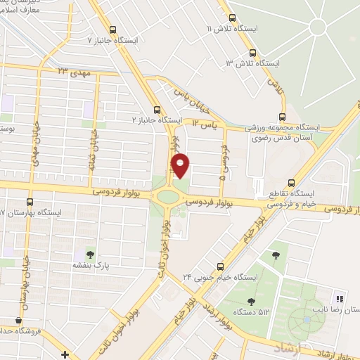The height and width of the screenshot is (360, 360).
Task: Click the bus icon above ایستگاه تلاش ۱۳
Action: (x=252, y=52)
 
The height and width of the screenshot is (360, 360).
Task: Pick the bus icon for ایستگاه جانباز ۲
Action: (x=156, y=109)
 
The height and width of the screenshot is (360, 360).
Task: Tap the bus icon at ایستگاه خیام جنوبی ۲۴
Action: (x=220, y=266)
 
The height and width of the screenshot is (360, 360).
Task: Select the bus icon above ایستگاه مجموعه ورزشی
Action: (x=282, y=117)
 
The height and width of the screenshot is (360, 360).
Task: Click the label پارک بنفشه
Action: (x=89, y=266)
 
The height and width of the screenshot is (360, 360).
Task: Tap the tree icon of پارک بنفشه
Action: (x=89, y=253)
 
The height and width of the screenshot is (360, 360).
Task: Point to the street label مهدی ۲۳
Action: (x=72, y=72)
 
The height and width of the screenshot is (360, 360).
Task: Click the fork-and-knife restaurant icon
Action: (x=339, y=299)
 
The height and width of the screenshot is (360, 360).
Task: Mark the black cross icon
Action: (x=65, y=354)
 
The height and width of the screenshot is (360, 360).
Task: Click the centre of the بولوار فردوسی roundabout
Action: (x=168, y=197)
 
